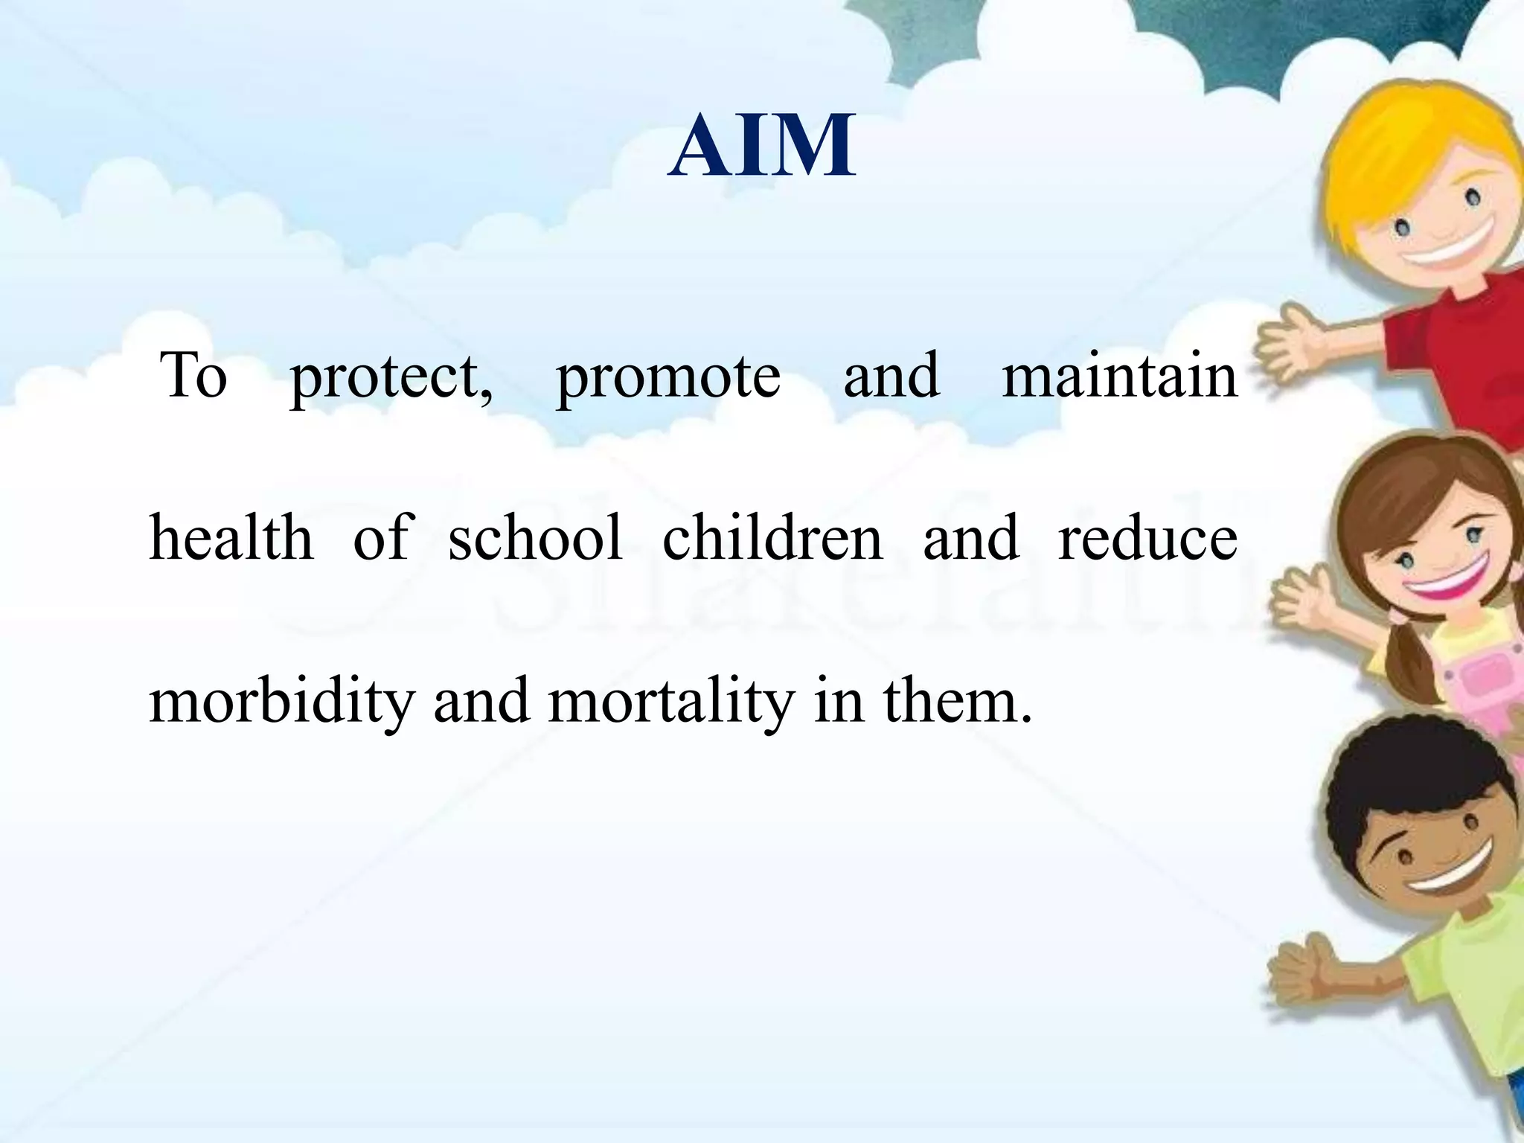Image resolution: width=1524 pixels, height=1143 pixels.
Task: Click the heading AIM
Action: [761, 147]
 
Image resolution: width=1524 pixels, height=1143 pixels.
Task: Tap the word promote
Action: [668, 376]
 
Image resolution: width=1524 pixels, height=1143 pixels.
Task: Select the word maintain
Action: [1119, 376]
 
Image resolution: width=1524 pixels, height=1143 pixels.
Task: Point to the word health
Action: [231, 537]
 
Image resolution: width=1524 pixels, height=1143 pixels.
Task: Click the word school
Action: [534, 537]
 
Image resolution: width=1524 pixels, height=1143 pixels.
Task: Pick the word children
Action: [772, 537]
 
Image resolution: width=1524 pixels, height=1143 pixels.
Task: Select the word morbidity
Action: [281, 702]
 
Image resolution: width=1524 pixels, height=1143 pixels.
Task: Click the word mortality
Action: [671, 702]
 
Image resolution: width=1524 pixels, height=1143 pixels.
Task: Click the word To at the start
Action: [193, 376]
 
